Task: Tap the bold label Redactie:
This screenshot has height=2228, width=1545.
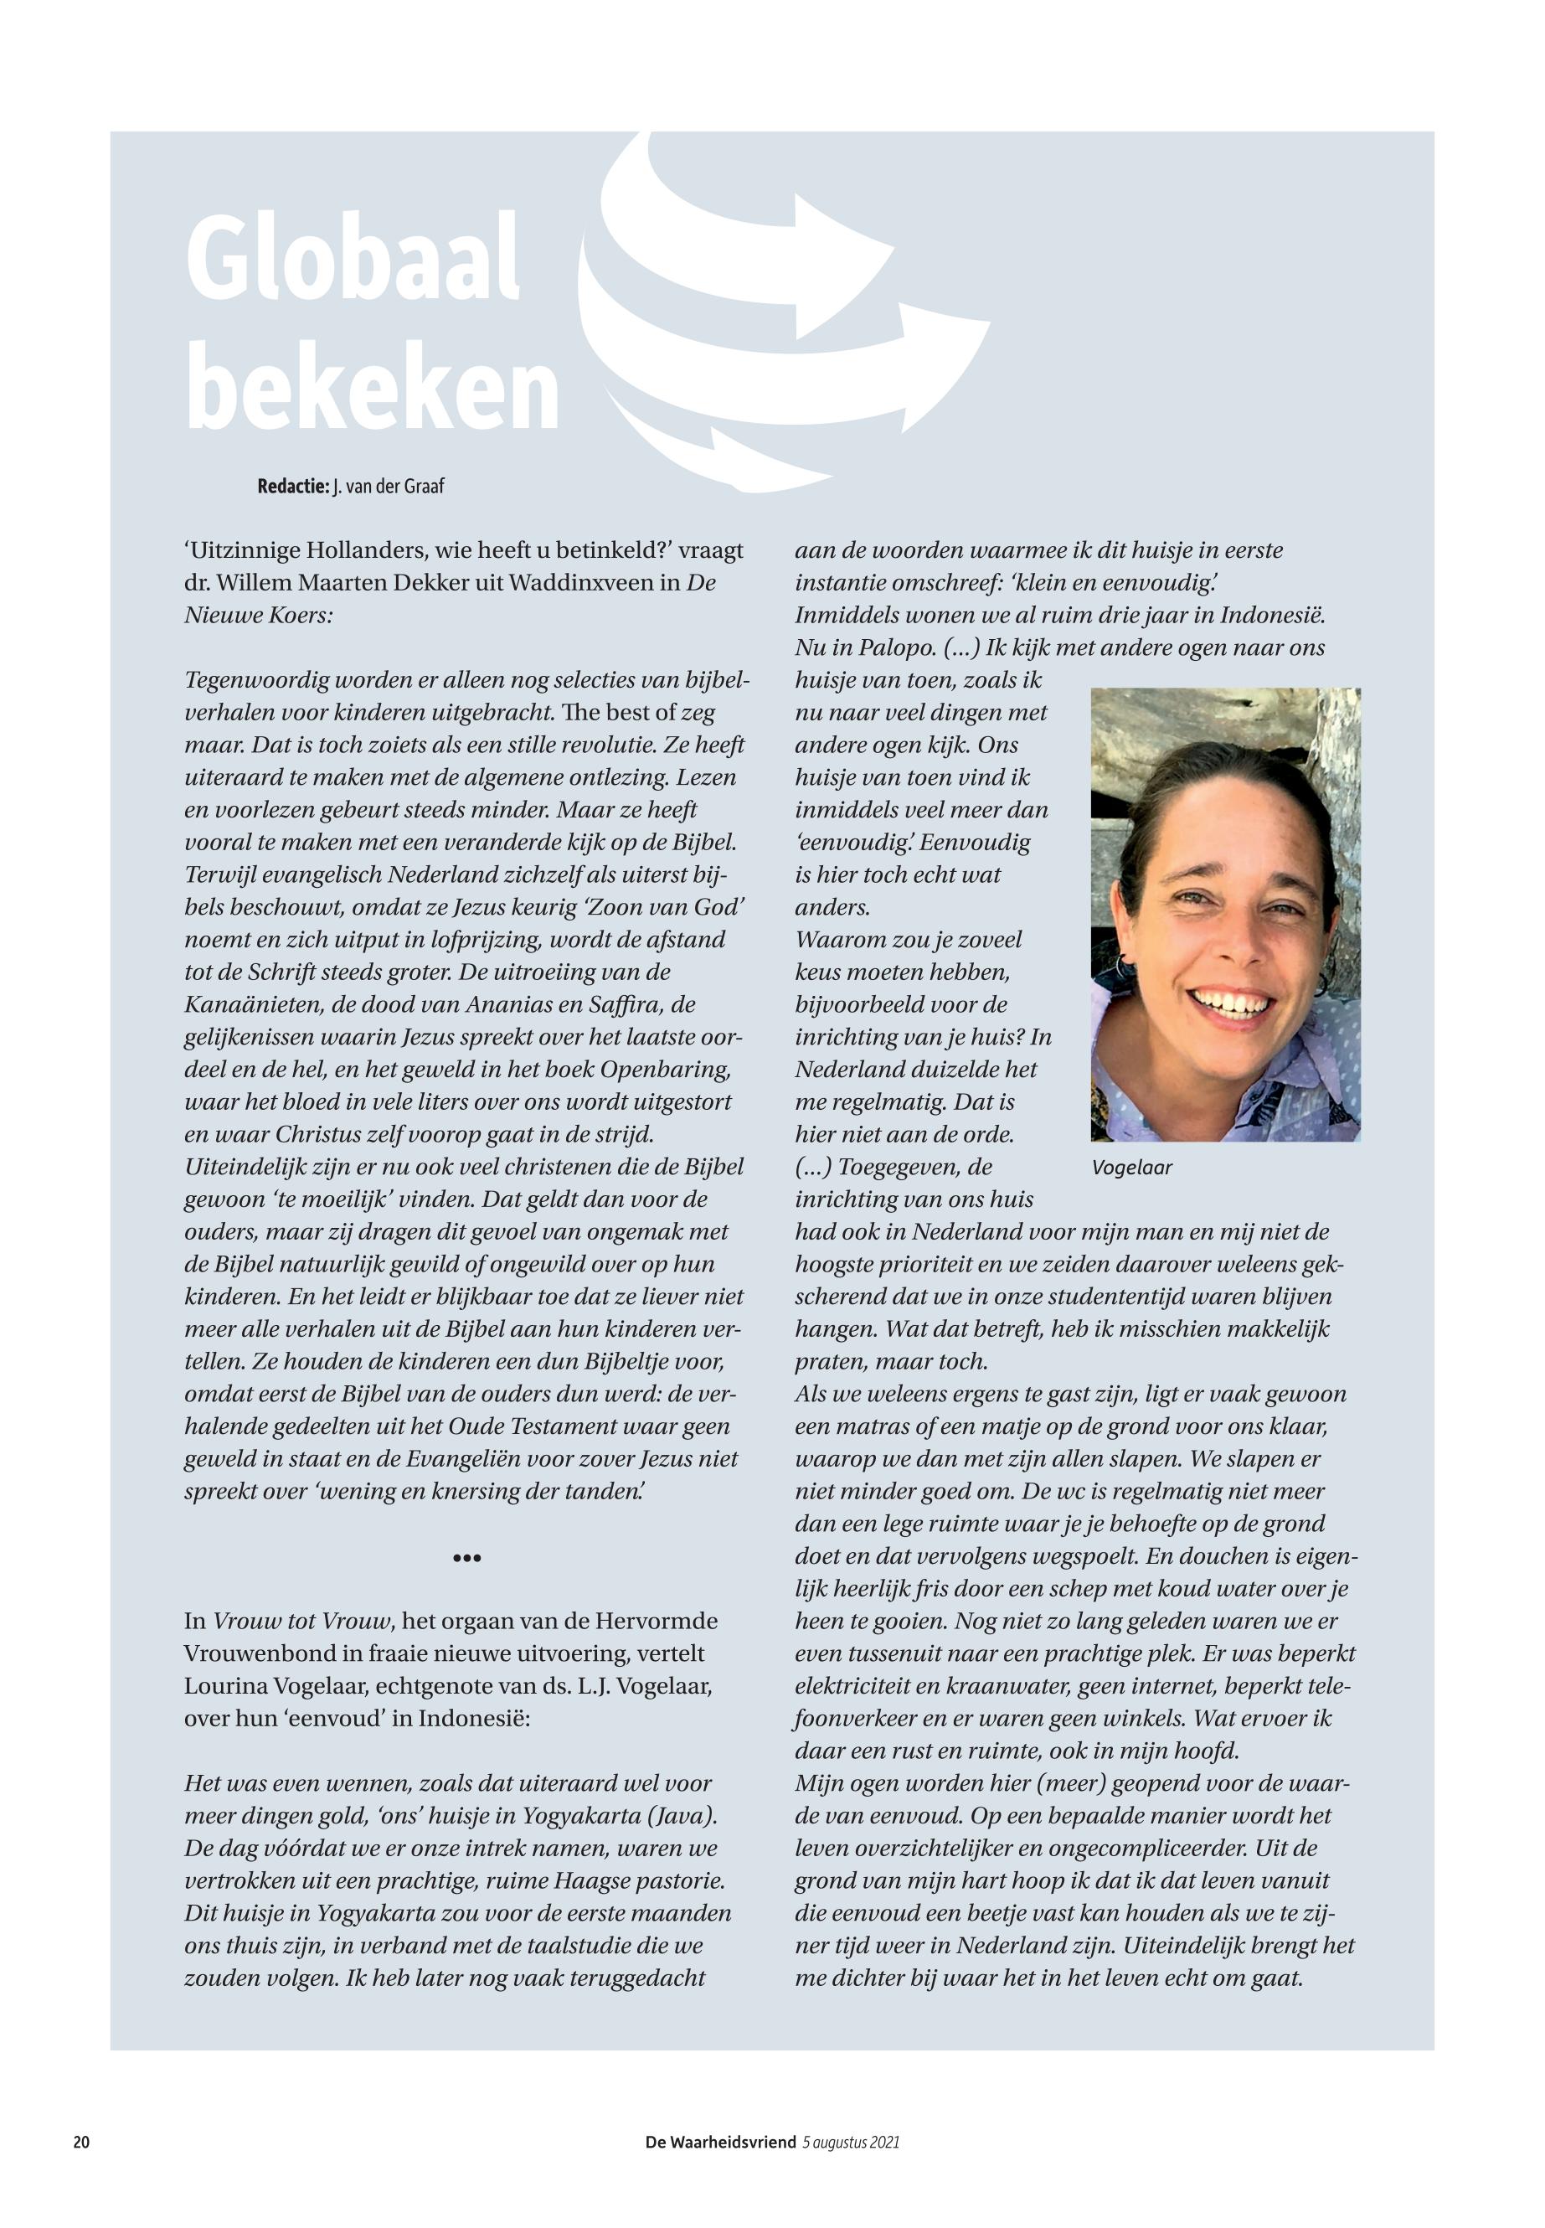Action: click(292, 486)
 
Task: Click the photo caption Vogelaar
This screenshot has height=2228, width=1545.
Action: click(1131, 1168)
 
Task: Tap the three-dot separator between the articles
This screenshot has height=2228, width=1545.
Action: click(466, 1558)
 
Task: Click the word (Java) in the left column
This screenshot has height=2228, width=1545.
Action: click(677, 1814)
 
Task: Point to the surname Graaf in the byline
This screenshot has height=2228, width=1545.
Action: click(426, 486)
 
